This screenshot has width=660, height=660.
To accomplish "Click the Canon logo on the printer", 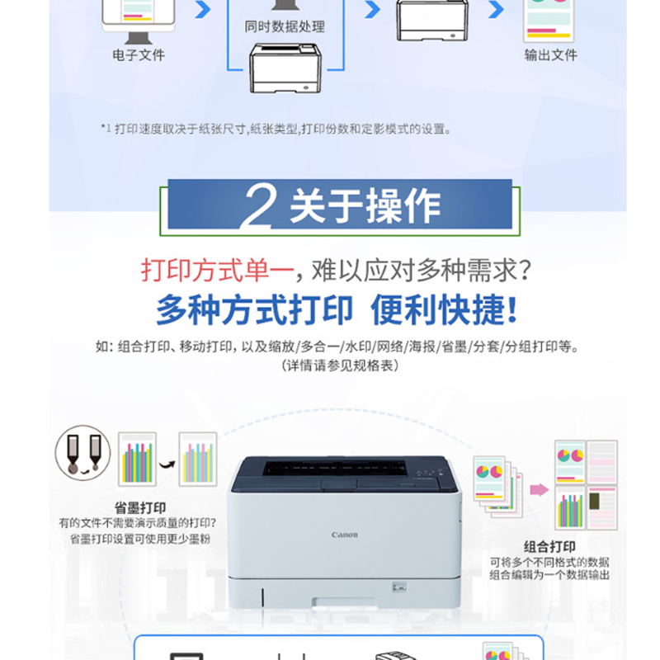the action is tap(344, 535).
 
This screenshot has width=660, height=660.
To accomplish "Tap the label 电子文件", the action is tap(139, 54).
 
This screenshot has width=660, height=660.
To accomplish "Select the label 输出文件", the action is tap(550, 54).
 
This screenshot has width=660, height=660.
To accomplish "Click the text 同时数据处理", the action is tap(285, 26).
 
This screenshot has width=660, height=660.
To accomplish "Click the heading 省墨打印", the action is tap(140, 507).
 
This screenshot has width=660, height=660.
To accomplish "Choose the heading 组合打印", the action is tap(549, 546).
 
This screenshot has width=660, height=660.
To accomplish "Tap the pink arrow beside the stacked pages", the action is tap(540, 489).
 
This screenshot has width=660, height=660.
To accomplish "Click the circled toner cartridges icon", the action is tap(83, 453).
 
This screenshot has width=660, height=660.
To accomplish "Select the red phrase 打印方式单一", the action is tap(217, 270).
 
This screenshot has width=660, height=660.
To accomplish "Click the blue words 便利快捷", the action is tap(443, 309).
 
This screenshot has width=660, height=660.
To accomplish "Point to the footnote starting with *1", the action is tap(276, 129).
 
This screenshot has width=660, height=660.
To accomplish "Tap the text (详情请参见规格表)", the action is tap(340, 365).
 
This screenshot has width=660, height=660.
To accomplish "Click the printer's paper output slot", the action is tap(335, 468).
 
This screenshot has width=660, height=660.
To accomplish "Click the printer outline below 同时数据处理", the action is tap(285, 68).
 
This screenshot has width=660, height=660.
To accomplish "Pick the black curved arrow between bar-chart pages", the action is tap(167, 464).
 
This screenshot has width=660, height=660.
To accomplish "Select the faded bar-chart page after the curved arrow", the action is tap(198, 459).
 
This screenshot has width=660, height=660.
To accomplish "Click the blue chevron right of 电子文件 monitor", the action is tap(202, 9).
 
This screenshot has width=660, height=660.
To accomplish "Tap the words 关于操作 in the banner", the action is tap(365, 205).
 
